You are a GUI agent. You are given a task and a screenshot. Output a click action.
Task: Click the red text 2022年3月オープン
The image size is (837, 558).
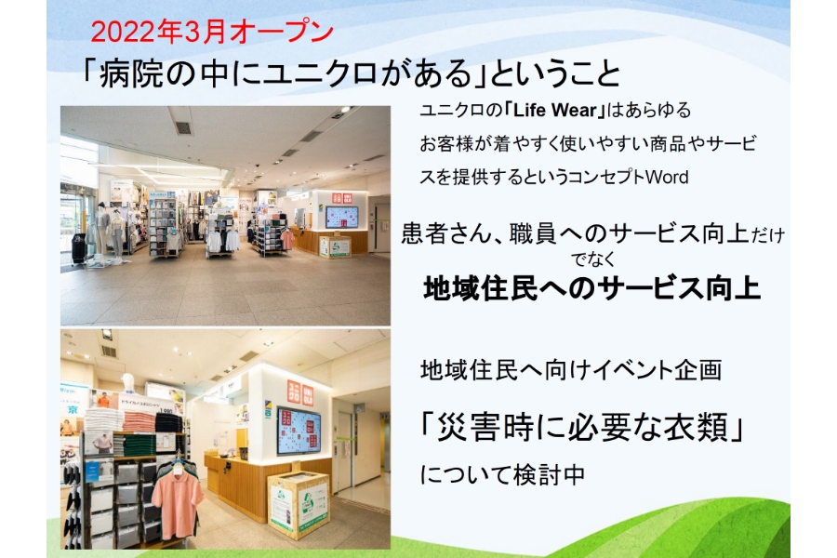tap(212, 33)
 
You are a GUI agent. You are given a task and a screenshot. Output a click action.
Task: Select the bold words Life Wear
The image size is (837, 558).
tap(554, 110)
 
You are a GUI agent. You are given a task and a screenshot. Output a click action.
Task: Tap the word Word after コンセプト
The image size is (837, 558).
tap(666, 177)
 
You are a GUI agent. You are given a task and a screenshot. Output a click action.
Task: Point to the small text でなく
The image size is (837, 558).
tap(592, 260)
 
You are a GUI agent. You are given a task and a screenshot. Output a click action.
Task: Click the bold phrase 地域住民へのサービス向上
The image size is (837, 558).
tap(591, 288)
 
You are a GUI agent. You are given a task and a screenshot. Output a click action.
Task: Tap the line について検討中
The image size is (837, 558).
tap(502, 474)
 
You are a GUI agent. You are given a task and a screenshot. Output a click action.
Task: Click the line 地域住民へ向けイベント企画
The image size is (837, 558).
tap(571, 370)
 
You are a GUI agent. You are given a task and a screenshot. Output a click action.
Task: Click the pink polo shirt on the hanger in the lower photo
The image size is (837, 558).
tap(178, 503)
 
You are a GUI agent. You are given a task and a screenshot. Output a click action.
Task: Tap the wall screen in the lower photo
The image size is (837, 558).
tap(299, 432)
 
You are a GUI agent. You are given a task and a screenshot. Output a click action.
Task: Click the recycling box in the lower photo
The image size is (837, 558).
tap(299, 505)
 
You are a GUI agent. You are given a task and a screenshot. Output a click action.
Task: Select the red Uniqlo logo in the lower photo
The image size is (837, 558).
tap(300, 393)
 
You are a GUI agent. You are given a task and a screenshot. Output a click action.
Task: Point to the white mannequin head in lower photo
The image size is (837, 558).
tap(127, 383)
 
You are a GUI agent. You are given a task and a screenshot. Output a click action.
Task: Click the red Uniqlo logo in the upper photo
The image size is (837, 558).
tap(342, 197)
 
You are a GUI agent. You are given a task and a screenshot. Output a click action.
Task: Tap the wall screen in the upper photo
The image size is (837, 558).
tap(341, 218)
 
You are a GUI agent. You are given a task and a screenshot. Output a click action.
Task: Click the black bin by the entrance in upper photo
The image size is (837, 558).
tap(78, 249)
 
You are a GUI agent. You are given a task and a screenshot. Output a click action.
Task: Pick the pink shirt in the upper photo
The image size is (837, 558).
tap(287, 239)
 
